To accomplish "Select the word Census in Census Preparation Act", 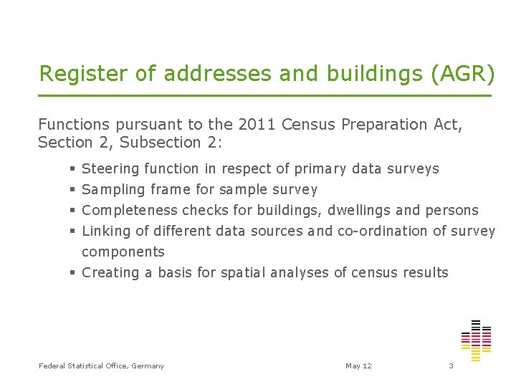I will pyautogui.click(x=309, y=124).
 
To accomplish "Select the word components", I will pyautogui.click(x=123, y=252).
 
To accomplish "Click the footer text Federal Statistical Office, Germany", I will pyautogui.click(x=101, y=366).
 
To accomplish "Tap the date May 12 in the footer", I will pyautogui.click(x=358, y=366).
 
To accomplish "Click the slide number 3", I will pyautogui.click(x=451, y=366).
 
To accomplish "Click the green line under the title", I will pyautogui.click(x=265, y=95).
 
